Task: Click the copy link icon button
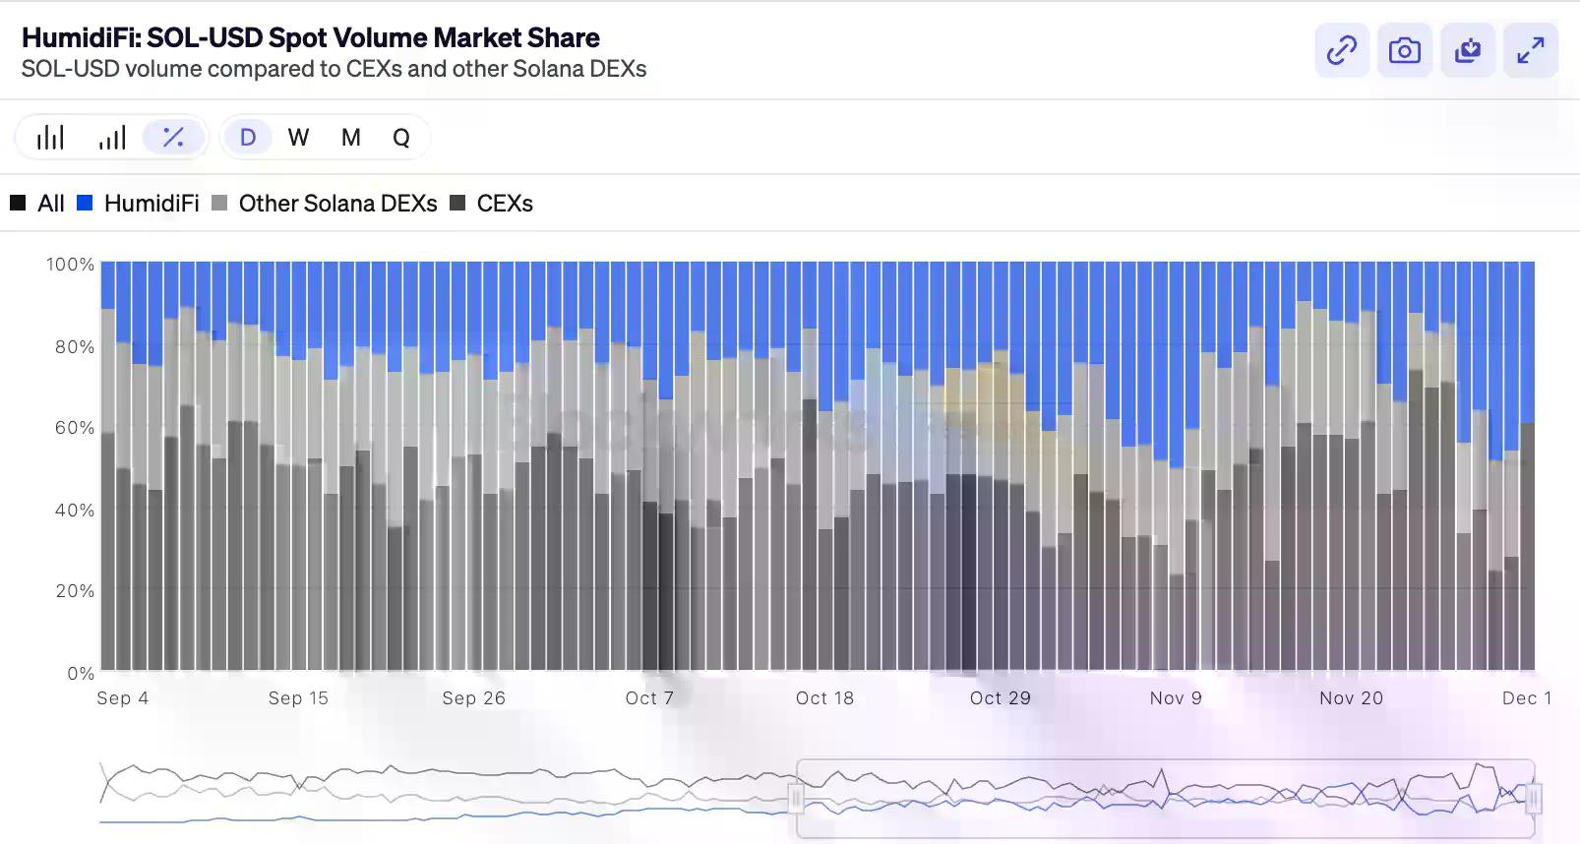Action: (x=1342, y=50)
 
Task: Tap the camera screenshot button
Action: (x=1404, y=50)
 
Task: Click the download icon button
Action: (x=1467, y=50)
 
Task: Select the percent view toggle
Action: (x=173, y=138)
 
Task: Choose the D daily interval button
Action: (x=248, y=138)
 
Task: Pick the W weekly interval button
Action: (x=298, y=138)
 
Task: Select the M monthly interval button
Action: (x=350, y=138)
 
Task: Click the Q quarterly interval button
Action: (x=401, y=138)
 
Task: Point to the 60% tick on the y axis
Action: (x=75, y=428)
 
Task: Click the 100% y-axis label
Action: (x=71, y=265)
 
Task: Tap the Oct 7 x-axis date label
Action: (x=649, y=698)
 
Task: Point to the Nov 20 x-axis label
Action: (x=1351, y=698)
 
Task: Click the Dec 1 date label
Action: (x=1526, y=698)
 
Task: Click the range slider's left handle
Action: (x=797, y=798)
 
